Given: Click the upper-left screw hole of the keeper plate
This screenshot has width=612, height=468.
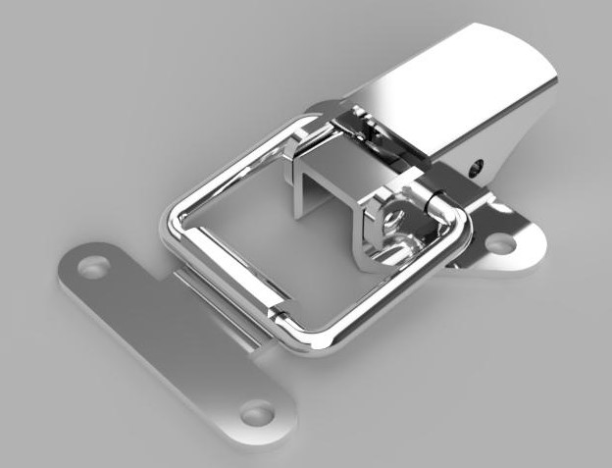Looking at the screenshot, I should tap(94, 266).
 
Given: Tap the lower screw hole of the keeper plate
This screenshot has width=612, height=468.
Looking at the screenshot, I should tap(257, 414).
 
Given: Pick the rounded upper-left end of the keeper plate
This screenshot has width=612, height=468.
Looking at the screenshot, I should tap(74, 260).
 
